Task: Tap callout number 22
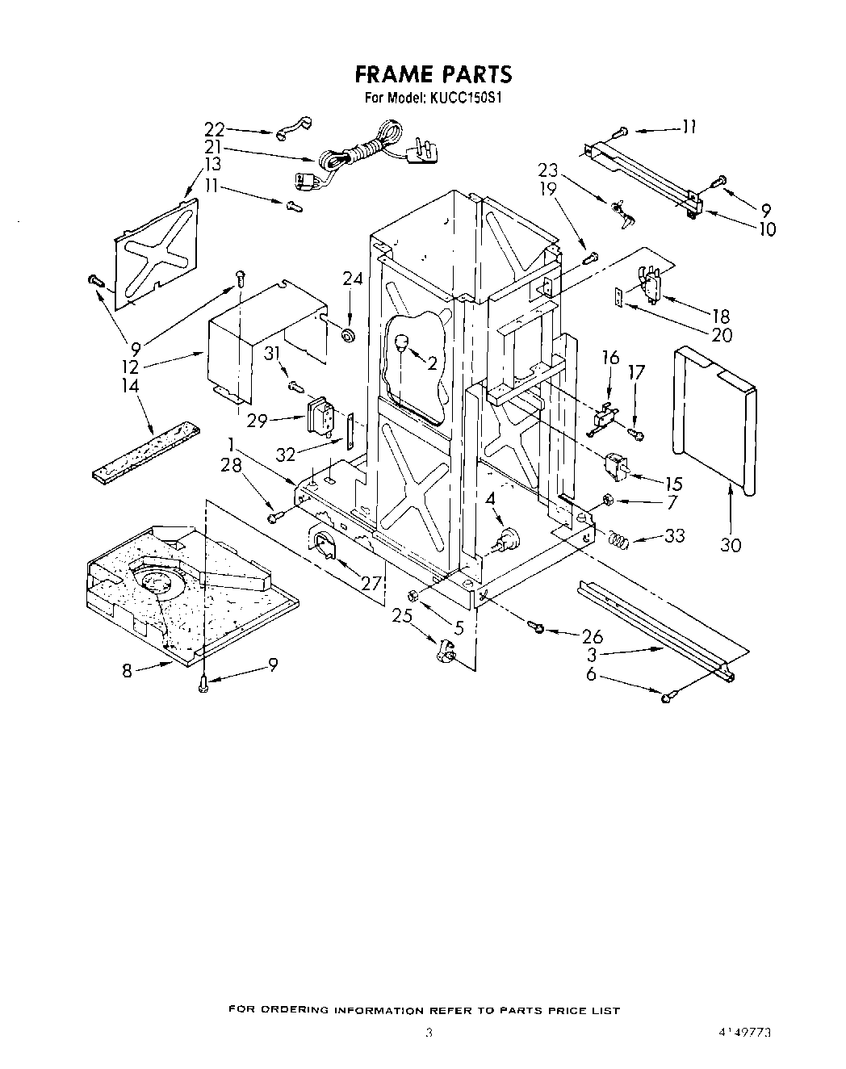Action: point(214,129)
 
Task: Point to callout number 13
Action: point(212,165)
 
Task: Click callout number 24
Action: point(352,279)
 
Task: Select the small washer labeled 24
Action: point(349,333)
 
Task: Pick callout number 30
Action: point(731,545)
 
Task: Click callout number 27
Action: point(371,582)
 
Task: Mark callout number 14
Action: point(130,387)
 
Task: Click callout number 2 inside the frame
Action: point(432,363)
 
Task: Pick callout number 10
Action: point(766,229)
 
